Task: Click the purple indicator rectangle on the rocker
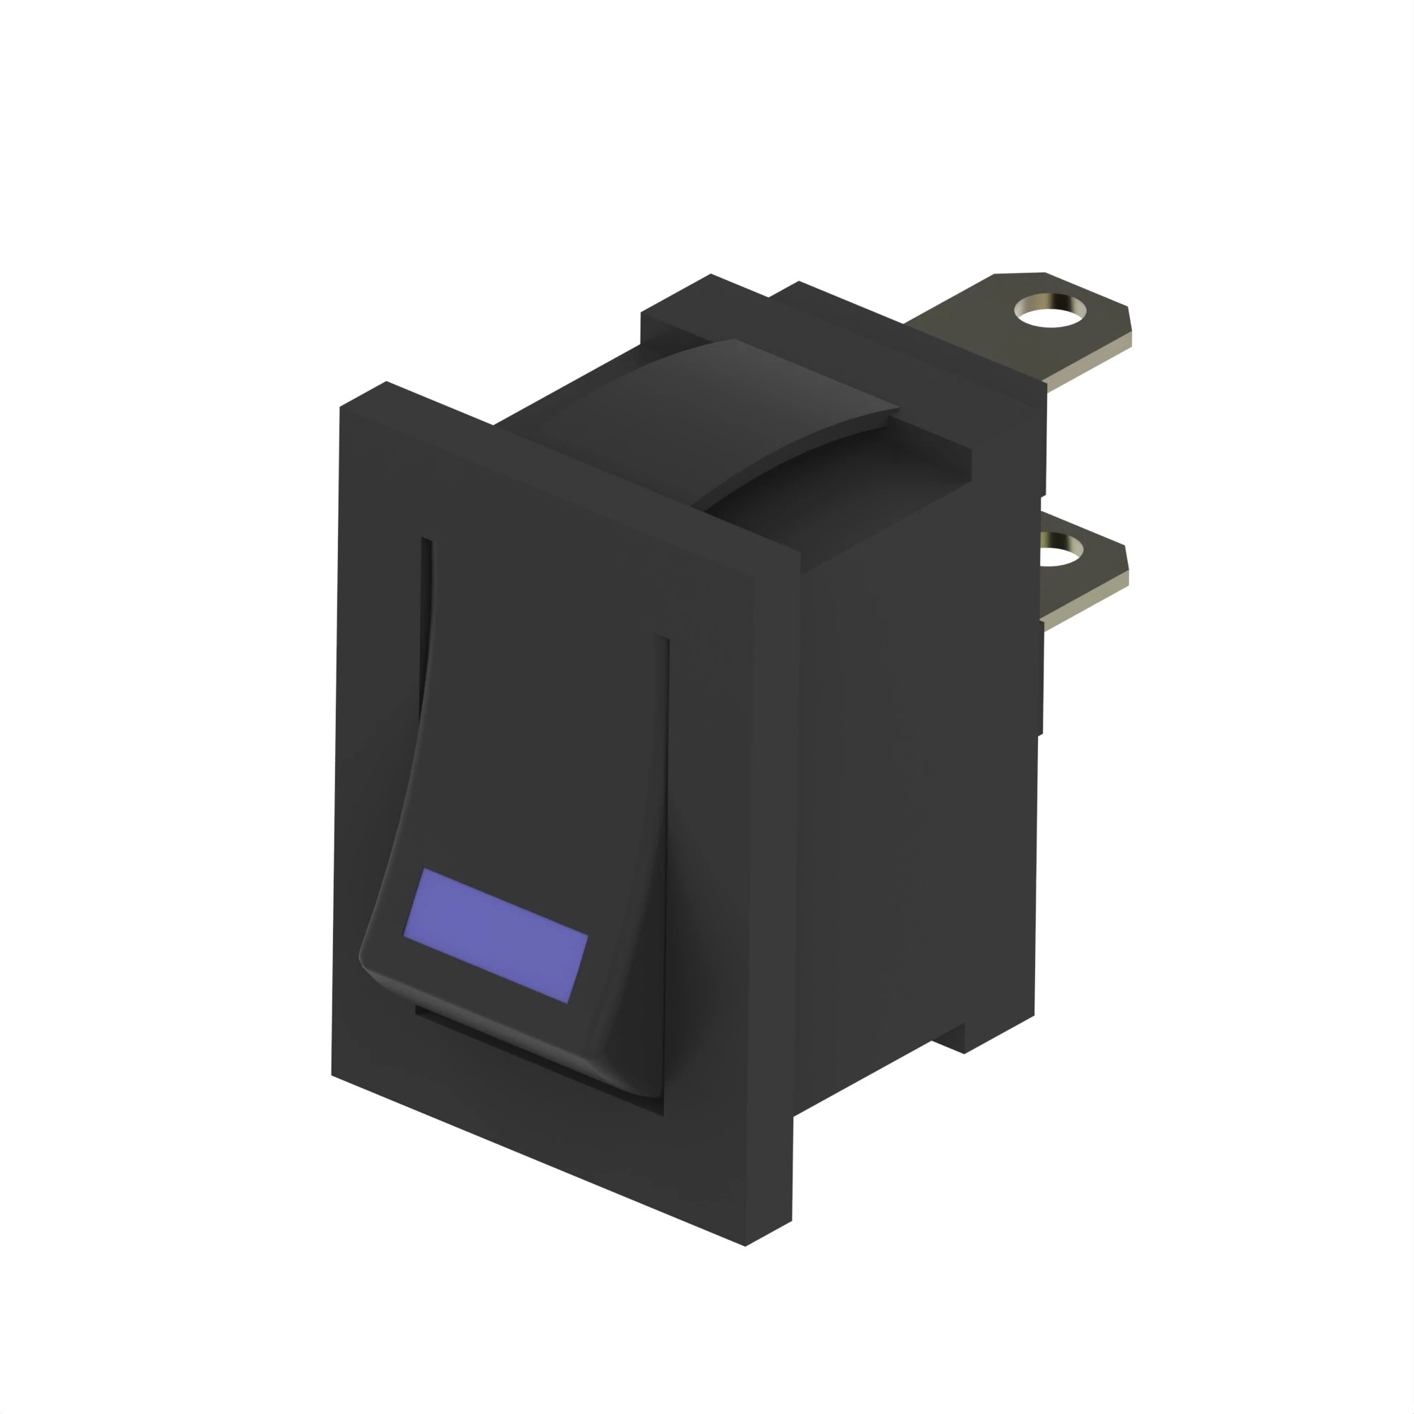tap(496, 935)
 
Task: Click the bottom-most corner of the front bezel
tap(745, 1245)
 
